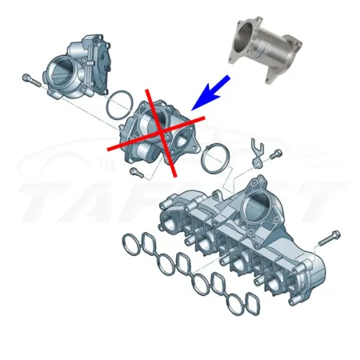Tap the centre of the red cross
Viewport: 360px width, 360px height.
pos(158,132)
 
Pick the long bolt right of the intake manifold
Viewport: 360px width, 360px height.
pos(329,238)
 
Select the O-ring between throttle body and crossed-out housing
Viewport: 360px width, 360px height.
pos(119,102)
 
